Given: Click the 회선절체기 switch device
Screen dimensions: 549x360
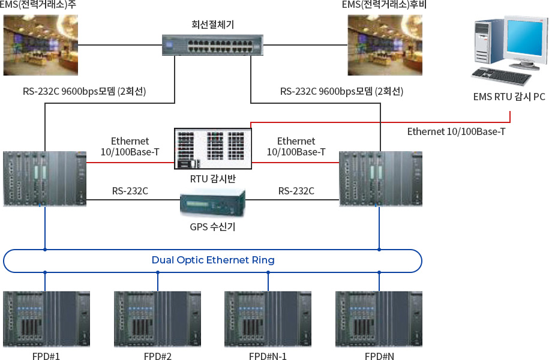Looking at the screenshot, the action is tap(212, 45).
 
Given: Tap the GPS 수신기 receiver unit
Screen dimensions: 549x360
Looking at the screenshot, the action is tap(212, 203).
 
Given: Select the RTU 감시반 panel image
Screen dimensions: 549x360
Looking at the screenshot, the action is tap(213, 148).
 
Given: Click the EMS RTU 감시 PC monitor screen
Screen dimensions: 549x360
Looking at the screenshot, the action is tap(524, 37).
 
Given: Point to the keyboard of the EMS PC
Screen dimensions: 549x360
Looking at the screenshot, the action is tap(502, 76).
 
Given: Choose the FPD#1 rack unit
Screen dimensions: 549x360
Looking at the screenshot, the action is tap(47, 319).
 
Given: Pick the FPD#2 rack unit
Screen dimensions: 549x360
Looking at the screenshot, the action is tap(158, 319).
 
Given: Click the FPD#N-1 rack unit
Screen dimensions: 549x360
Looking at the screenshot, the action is tap(268, 319).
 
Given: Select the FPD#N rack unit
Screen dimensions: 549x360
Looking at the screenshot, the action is tap(379, 319).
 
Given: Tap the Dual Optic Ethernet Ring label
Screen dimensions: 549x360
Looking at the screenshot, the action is tap(213, 260).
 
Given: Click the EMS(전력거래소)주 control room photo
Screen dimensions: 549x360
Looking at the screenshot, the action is tap(41, 45).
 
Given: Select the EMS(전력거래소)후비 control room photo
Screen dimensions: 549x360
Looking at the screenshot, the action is tap(385, 45).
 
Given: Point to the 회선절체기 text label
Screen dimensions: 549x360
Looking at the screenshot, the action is tap(212, 24).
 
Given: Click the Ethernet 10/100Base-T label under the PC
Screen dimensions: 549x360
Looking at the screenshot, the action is tap(456, 131).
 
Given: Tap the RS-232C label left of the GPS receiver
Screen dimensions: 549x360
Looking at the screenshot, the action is tap(130, 191).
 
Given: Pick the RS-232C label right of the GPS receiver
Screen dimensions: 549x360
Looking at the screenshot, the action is tap(296, 191).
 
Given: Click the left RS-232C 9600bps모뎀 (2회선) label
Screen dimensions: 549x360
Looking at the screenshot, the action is tap(85, 91).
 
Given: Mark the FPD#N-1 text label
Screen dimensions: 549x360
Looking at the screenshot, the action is tap(268, 356).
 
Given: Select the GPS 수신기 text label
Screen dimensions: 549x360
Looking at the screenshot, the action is tap(212, 227).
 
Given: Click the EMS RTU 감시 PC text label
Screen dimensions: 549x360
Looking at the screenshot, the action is tap(509, 97).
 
